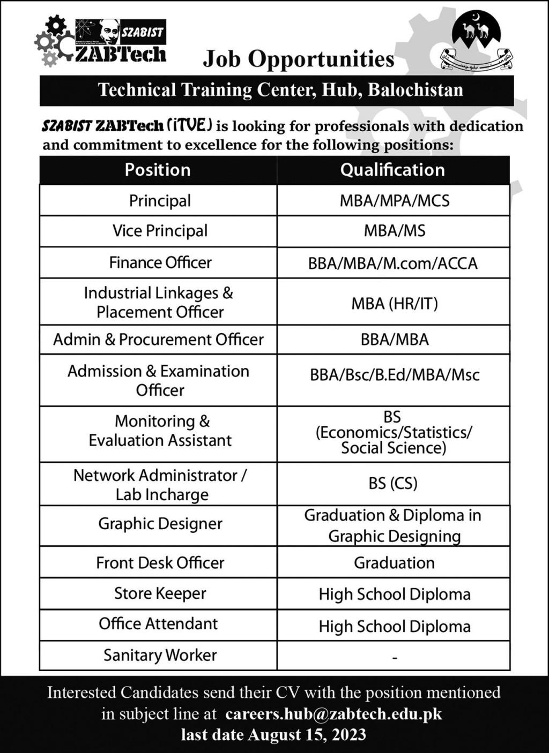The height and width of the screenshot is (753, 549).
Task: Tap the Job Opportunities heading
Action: coord(298,59)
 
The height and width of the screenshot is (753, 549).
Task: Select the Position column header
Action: coord(158,170)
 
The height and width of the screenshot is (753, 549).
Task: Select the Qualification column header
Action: coord(392,170)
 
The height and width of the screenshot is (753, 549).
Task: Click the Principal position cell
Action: coord(159,201)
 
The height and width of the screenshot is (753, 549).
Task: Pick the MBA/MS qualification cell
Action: coord(394,231)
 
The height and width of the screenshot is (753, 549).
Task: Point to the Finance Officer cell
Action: coord(160,262)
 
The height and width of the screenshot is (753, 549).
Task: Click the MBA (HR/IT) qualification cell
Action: coord(394,304)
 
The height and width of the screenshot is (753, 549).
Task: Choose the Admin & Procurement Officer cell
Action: coord(158,340)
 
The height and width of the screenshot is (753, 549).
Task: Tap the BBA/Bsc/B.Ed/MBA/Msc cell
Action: coord(394,375)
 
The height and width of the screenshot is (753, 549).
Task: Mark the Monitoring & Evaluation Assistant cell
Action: coord(160,431)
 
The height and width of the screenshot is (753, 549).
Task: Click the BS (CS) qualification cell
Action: coord(393,483)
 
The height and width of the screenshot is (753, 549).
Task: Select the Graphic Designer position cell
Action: coord(160,524)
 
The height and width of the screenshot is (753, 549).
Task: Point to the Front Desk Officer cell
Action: coord(160,563)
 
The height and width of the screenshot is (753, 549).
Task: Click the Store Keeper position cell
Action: coord(160,593)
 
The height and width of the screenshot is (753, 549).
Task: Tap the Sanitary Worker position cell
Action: coord(160,655)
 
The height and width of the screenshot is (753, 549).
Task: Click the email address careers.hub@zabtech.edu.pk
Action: coord(333,714)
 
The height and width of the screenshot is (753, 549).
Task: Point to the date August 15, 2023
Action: coord(307,734)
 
